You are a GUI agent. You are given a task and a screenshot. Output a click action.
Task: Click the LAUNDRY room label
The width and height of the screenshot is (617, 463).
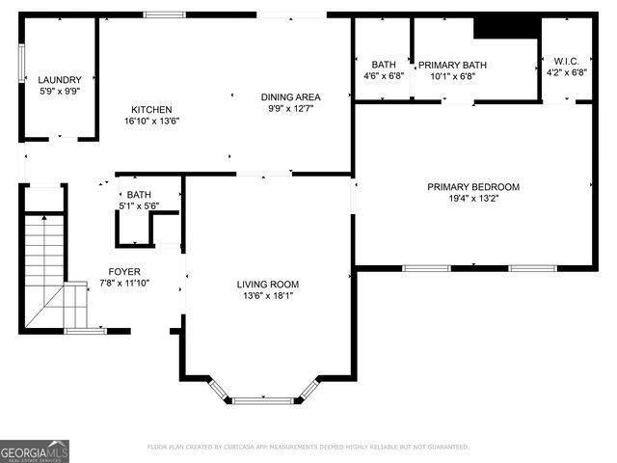pyautogui.click(x=60, y=80)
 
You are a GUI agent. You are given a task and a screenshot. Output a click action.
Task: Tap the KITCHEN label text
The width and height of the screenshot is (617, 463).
pyautogui.click(x=151, y=110)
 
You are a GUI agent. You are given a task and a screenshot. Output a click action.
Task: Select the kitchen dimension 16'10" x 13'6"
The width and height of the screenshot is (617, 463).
pyautogui.click(x=151, y=122)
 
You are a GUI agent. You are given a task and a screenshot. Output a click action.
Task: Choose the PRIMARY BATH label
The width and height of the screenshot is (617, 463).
pyautogui.click(x=452, y=65)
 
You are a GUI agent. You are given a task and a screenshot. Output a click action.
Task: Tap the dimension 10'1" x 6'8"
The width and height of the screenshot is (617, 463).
pyautogui.click(x=452, y=76)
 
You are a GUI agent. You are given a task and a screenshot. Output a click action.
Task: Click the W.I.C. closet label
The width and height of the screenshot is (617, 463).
pyautogui.click(x=566, y=60)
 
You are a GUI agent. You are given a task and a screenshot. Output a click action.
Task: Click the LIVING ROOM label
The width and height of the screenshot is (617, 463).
pyautogui.click(x=268, y=285)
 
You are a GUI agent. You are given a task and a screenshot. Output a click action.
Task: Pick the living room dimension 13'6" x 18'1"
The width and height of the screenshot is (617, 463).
pyautogui.click(x=268, y=296)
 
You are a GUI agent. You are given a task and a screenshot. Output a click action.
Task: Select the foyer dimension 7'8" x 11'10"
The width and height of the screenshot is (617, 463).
pyautogui.click(x=125, y=283)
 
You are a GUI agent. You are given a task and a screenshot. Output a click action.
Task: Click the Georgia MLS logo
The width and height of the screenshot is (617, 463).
pyautogui.click(x=35, y=450)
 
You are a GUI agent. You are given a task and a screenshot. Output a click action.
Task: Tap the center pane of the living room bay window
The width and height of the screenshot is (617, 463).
pyautogui.click(x=263, y=399)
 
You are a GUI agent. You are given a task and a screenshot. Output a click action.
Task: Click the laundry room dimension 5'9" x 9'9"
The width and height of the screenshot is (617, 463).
pyautogui.click(x=60, y=92)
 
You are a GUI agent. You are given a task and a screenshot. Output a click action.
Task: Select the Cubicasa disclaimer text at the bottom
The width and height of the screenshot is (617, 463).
pyautogui.click(x=308, y=448)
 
